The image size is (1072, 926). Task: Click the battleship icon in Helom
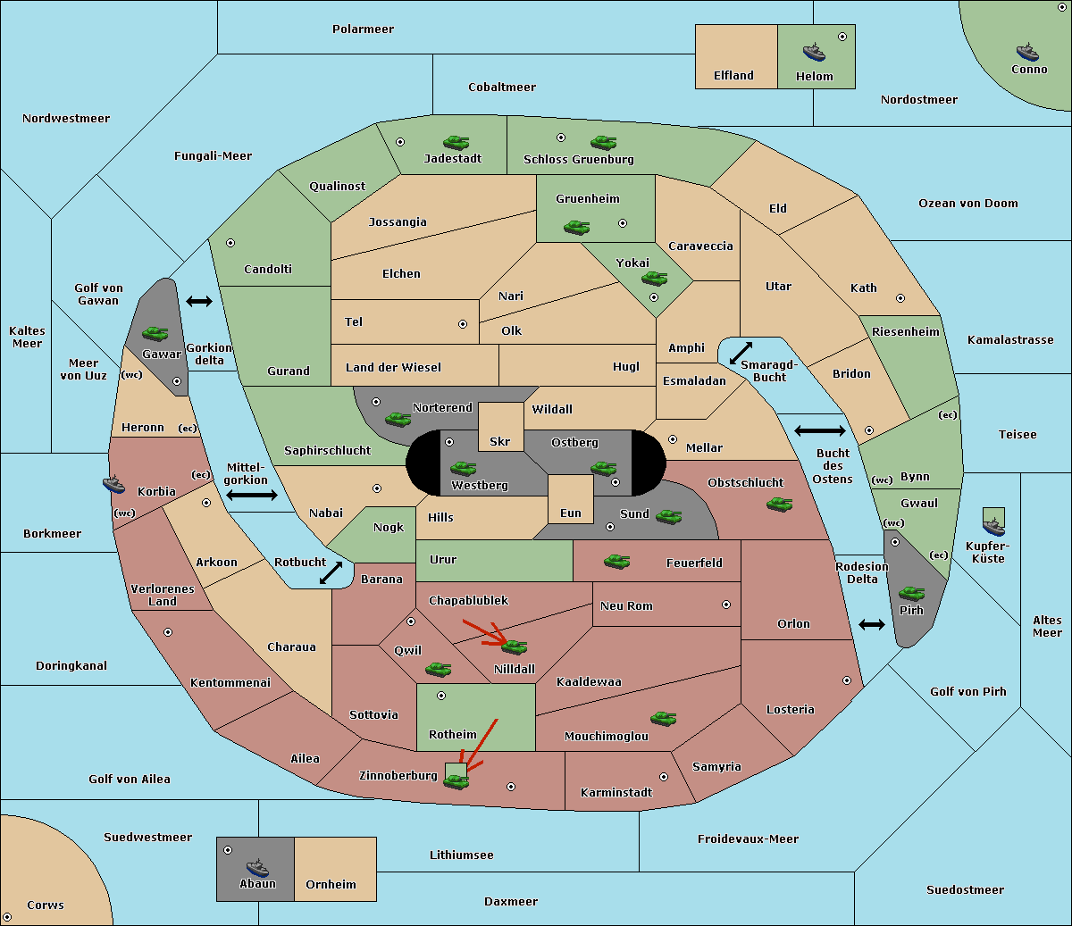(814, 52)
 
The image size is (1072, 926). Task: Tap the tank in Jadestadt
(456, 142)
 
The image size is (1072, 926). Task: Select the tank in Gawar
(155, 333)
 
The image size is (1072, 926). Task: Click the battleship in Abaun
(257, 867)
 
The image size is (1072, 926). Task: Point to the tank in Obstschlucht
(780, 504)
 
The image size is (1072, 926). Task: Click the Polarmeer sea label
(363, 29)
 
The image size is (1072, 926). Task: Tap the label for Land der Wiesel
(393, 368)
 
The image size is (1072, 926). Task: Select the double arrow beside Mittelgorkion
(252, 495)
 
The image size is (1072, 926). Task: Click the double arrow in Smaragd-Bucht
(741, 353)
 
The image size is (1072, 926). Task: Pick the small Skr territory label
(499, 441)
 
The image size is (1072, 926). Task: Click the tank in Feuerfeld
(616, 561)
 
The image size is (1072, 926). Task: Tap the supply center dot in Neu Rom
(726, 605)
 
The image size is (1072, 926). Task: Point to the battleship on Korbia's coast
(113, 485)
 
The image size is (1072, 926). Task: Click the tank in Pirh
(911, 593)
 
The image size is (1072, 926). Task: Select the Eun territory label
(571, 513)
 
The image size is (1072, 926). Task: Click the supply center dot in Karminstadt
(664, 777)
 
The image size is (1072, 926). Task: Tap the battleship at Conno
(1027, 53)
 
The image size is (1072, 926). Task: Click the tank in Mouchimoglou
(664, 718)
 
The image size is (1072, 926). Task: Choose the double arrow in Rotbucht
(331, 572)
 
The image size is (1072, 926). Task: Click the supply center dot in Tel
(463, 324)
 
